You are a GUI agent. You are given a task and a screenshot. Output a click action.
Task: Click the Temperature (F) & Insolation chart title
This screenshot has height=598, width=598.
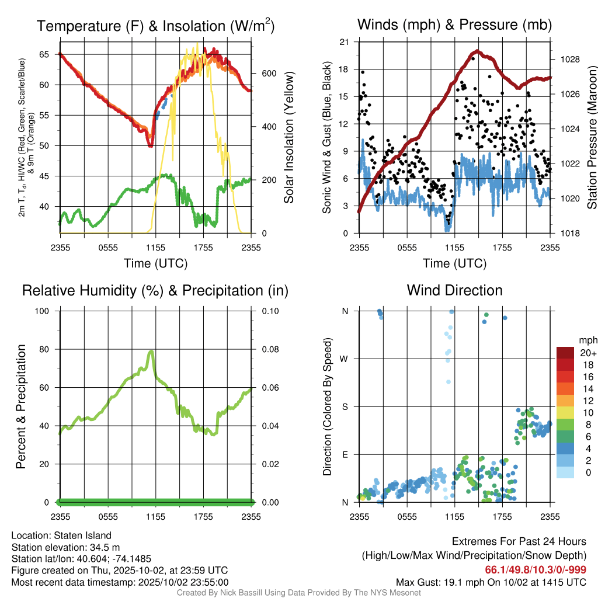tap(155, 26)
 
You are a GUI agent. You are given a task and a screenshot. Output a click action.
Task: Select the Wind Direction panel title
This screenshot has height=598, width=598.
tap(454, 290)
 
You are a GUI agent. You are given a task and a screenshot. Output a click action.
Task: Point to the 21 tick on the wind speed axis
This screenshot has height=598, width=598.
tap(345, 41)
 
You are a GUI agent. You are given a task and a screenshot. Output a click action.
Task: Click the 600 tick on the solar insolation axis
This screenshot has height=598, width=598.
tap(268, 74)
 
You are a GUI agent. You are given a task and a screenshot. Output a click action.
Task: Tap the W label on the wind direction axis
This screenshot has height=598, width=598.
tap(345, 359)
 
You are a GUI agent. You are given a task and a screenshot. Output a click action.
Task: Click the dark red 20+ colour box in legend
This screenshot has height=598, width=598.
tap(566, 353)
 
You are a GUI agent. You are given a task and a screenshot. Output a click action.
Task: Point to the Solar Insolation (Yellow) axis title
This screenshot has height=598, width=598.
tap(288, 138)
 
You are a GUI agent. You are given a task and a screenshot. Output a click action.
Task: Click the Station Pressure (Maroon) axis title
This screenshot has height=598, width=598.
tap(591, 138)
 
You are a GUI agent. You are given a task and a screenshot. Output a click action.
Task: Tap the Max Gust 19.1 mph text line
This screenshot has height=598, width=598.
tap(491, 582)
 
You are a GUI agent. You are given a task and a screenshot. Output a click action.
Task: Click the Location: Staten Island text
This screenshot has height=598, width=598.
tap(61, 536)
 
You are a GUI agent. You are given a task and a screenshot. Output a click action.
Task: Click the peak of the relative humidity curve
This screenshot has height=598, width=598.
tap(152, 352)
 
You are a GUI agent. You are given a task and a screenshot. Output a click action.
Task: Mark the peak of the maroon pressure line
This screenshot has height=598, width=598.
tap(477, 51)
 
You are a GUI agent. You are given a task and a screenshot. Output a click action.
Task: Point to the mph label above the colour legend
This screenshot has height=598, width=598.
tap(586, 340)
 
